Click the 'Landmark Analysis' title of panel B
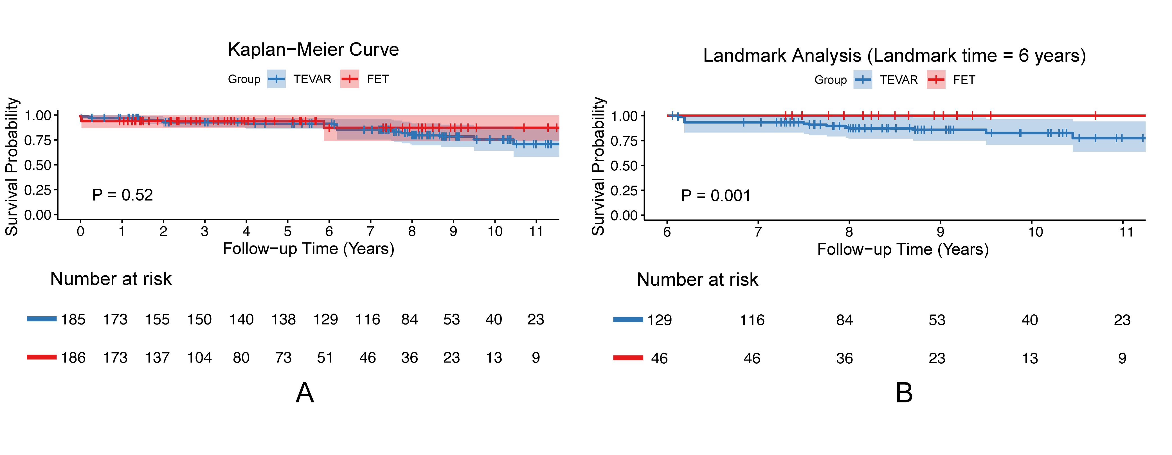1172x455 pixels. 782,55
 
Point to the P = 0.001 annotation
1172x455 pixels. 716,196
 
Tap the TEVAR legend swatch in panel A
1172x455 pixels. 276,79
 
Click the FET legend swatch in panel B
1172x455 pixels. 936,80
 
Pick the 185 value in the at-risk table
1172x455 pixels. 73,319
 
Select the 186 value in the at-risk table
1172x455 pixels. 73,358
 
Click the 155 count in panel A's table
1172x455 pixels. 158,319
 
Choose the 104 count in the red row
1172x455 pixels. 199,358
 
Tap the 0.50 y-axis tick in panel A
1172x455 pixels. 38,165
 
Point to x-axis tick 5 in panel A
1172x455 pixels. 287,232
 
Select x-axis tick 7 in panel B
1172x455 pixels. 758,232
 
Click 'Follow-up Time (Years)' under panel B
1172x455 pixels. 903,249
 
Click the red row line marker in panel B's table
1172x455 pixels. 628,358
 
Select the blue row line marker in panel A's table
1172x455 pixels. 42,319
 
